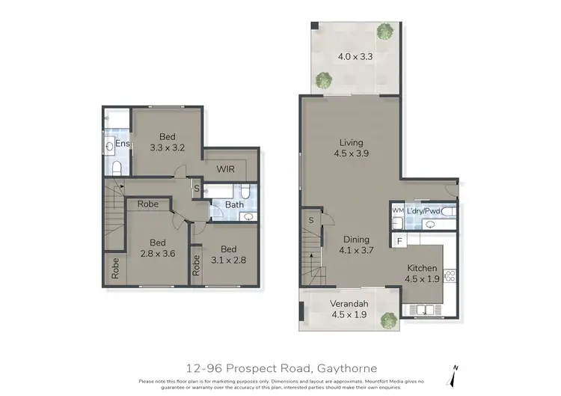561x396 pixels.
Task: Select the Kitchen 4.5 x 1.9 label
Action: pyautogui.click(x=422, y=273)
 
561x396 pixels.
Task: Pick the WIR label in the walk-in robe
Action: pyautogui.click(x=226, y=169)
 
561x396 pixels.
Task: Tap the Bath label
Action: pyautogui.click(x=234, y=204)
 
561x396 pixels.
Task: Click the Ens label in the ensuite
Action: pyautogui.click(x=123, y=143)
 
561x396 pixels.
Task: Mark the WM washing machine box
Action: pyautogui.click(x=397, y=212)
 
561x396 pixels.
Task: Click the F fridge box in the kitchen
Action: pyautogui.click(x=400, y=241)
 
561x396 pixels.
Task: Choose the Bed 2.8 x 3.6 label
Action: pyautogui.click(x=156, y=248)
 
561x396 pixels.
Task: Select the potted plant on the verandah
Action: pyautogui.click(x=387, y=320)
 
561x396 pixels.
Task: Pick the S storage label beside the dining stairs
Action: pyautogui.click(x=311, y=220)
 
